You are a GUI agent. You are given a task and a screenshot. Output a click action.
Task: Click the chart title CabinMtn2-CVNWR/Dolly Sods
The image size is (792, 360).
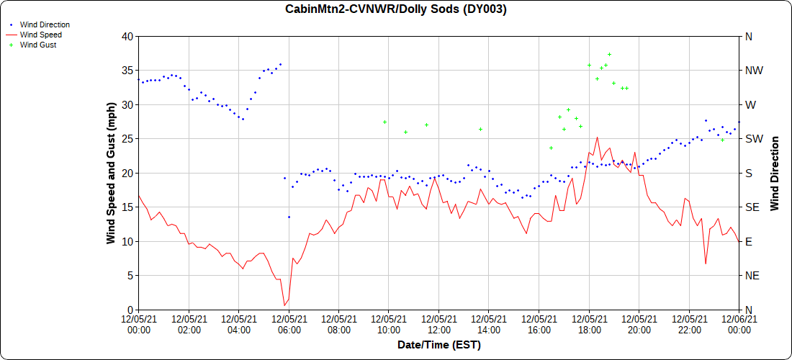[396, 9]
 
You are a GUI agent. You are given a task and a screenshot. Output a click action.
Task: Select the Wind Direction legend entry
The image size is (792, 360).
[45, 24]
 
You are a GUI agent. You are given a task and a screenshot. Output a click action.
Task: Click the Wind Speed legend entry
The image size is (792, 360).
[40, 35]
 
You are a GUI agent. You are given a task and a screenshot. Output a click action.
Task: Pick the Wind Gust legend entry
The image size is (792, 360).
[38, 45]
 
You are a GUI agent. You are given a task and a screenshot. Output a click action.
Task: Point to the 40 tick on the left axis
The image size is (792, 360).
[127, 36]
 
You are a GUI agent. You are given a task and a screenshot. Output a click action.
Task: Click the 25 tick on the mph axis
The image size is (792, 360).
[127, 138]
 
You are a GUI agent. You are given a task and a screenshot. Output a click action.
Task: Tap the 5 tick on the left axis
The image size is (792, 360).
[130, 275]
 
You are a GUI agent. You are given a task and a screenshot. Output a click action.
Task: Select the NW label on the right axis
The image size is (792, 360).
[752, 71]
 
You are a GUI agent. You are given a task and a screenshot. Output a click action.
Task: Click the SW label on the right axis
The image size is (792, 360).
[752, 138]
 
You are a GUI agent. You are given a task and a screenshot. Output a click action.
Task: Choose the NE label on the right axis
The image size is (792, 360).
[751, 275]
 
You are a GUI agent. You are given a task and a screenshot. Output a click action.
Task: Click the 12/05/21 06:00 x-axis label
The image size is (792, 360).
[289, 324]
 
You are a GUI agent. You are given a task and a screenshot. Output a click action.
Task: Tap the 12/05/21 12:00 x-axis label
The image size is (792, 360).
[438, 324]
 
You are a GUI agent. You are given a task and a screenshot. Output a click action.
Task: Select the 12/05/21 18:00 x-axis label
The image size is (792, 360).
[589, 324]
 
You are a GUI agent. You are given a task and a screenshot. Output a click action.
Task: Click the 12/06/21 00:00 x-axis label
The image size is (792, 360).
[738, 324]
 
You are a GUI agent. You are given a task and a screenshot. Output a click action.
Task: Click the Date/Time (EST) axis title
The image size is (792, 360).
[438, 345]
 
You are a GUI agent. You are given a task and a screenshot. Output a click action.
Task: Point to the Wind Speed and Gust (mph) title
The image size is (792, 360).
[112, 172]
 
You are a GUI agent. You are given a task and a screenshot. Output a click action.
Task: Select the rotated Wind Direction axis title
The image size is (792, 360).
[775, 173]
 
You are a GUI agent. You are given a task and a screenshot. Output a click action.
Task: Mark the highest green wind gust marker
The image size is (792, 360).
[609, 54]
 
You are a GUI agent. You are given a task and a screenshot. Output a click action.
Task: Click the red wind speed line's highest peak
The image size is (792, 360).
[597, 137]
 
